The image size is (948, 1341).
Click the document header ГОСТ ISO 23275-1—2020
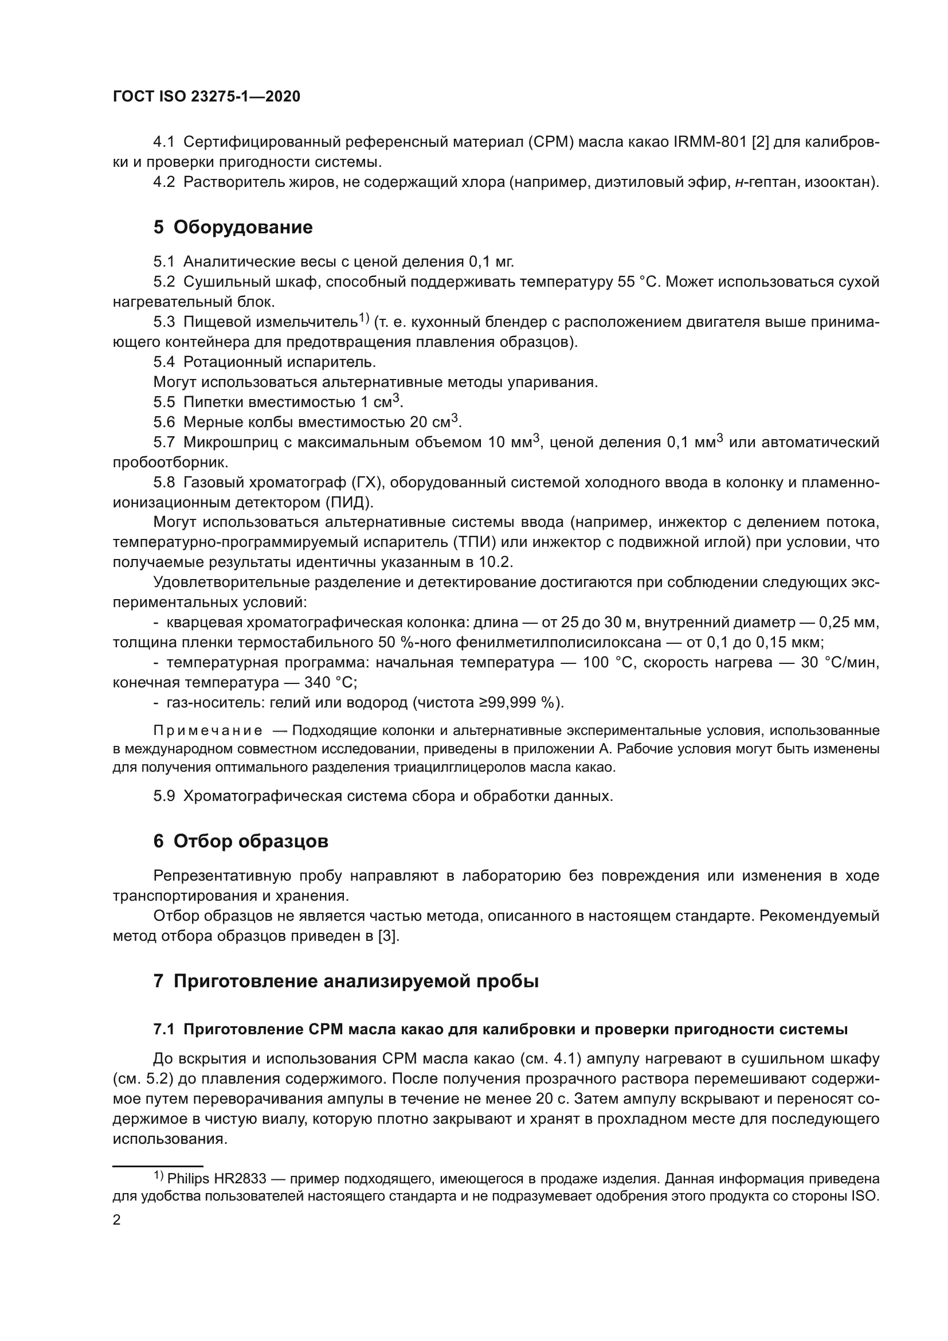coord(206,96)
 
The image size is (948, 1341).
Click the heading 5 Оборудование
coord(232,226)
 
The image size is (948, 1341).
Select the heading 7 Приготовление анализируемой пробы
coord(346,980)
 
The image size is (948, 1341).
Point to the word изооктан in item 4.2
coord(841,182)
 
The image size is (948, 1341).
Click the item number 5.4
coord(164,362)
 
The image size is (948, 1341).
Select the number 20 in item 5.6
coord(418,423)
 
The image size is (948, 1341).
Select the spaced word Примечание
coord(207,731)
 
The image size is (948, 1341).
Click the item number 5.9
coord(164,796)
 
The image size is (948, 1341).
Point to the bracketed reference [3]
coord(388,936)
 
